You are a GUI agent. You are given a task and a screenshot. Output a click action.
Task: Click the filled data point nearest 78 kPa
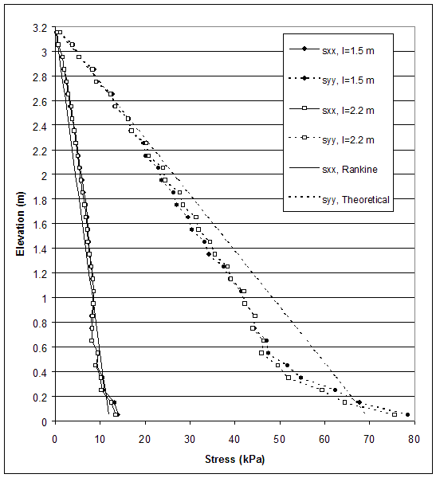(407, 414)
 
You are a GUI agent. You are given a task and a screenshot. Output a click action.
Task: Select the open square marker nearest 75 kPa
(395, 414)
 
